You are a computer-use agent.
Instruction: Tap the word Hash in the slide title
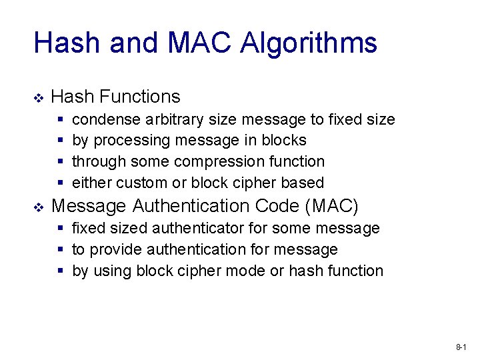pos(67,43)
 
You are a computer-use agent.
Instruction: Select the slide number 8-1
pos(461,347)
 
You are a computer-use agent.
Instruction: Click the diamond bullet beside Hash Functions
pos(38,98)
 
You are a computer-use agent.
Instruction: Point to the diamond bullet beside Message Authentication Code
pos(38,207)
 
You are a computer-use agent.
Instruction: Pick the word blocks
pos(284,141)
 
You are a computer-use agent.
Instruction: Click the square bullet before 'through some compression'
pos(61,162)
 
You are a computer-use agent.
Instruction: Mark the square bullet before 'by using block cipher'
pos(61,271)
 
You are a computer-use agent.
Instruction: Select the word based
pos(303,183)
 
